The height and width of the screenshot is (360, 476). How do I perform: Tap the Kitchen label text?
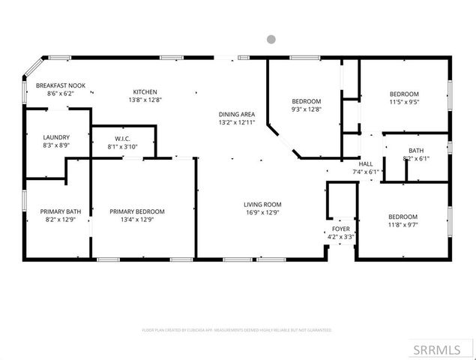[145, 91]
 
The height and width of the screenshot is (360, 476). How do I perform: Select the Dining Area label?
[237, 113]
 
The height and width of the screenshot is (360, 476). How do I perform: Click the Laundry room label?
[56, 137]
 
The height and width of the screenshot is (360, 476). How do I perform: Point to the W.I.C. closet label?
[124, 139]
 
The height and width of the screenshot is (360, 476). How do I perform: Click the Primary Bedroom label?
[137, 211]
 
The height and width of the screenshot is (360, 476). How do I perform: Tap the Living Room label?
[262, 204]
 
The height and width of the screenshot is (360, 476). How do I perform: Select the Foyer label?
[341, 229]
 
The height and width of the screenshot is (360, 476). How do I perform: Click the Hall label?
[366, 163]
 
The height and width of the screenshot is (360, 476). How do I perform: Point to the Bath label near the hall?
[415, 150]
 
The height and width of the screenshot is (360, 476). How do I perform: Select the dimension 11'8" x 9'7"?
[404, 223]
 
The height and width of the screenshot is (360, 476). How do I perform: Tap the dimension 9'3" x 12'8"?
[306, 109]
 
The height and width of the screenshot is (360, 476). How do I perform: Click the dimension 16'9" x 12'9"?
[262, 212]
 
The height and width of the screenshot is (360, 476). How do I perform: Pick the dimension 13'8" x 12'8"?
[145, 100]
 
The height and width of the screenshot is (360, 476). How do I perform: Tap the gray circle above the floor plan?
[271, 39]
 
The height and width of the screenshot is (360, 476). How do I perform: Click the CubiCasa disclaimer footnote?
[237, 330]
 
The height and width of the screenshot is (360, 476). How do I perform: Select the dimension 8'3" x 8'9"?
[56, 145]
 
